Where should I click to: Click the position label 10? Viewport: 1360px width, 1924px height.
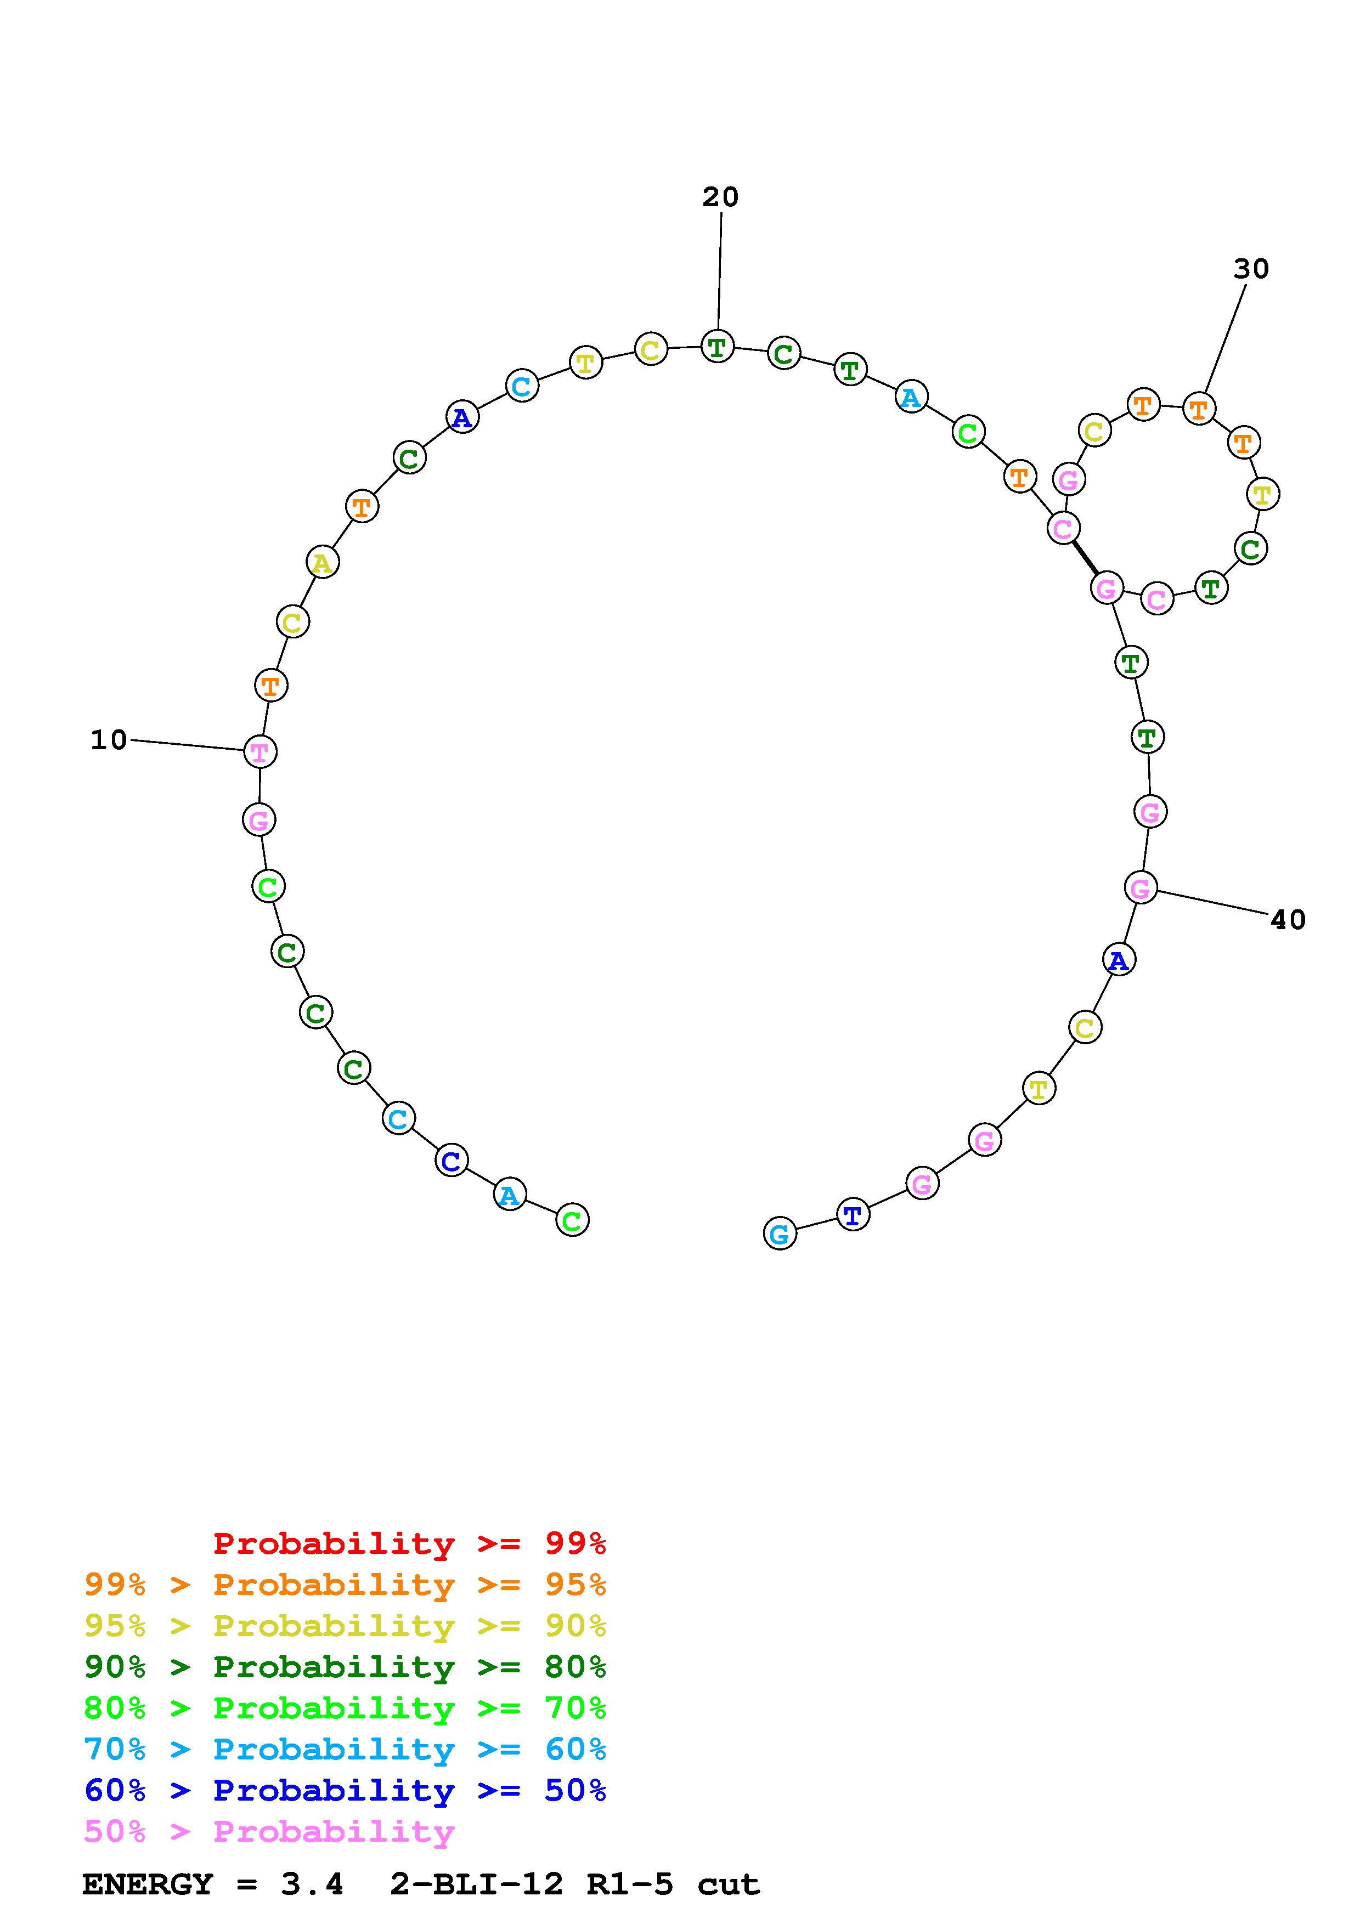click(109, 740)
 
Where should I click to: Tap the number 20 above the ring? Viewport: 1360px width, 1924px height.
click(721, 197)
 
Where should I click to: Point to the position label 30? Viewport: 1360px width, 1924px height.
click(1251, 269)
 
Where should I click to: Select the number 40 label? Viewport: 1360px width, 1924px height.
click(1288, 920)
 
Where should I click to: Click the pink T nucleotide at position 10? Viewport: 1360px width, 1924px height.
click(259, 752)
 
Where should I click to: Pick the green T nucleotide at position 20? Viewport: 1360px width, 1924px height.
click(716, 346)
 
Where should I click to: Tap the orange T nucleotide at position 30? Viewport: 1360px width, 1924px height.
click(1199, 409)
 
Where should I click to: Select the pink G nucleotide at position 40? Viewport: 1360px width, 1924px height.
click(1141, 887)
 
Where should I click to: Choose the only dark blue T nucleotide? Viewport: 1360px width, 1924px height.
click(853, 1215)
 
